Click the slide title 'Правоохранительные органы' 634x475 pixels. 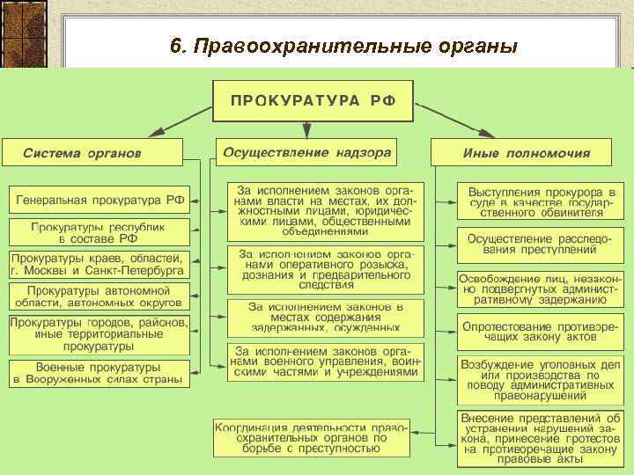tap(343, 45)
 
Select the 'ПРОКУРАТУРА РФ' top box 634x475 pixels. tap(313, 101)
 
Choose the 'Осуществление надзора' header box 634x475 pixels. tap(306, 151)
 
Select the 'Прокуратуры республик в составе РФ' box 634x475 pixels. tap(99, 232)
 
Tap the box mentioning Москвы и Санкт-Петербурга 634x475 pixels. tap(99, 264)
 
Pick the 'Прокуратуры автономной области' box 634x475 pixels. tap(99, 296)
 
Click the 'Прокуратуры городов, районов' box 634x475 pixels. tap(99, 334)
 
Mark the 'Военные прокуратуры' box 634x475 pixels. tap(99, 373)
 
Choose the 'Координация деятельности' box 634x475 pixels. tap(312, 437)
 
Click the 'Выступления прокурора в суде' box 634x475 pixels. tap(541, 201)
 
